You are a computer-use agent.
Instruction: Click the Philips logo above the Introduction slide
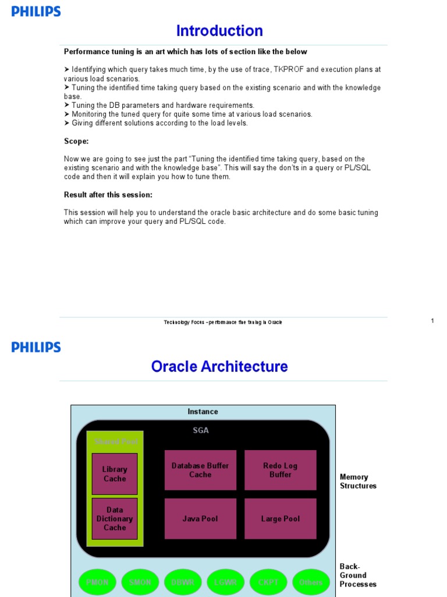point(36,12)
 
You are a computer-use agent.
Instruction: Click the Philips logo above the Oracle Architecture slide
point(36,347)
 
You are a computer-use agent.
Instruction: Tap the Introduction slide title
point(219,31)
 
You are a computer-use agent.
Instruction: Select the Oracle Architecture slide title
point(219,367)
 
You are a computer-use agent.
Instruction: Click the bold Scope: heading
point(76,141)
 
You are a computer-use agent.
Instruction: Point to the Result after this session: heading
point(108,195)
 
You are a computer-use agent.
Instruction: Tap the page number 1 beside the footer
point(432,321)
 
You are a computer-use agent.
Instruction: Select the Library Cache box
point(115,474)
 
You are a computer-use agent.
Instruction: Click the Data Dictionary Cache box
point(115,518)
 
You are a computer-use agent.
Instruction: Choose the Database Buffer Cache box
point(200,470)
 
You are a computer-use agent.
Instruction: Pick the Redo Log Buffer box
point(280,470)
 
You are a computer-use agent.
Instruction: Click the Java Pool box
point(200,518)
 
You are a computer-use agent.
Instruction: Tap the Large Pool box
point(280,518)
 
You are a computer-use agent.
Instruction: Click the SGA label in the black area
point(201,430)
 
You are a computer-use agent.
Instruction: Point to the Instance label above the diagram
point(203,412)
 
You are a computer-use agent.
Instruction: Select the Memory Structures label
point(358,482)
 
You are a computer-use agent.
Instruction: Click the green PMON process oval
point(97,582)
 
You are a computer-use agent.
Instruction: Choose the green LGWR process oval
point(226,582)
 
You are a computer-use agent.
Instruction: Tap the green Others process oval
point(311,582)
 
